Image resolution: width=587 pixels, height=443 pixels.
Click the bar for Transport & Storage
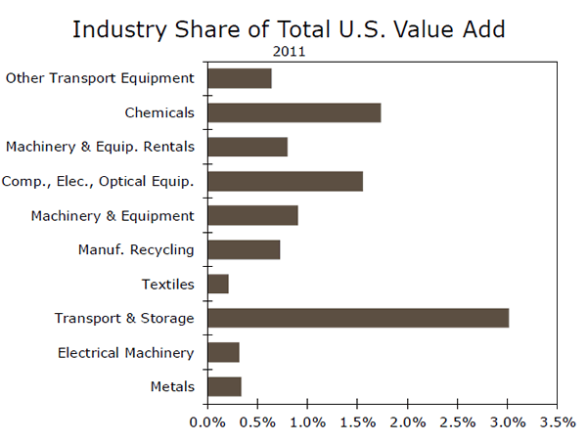pyautogui.click(x=358, y=318)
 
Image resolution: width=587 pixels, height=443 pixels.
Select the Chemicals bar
pyautogui.click(x=293, y=112)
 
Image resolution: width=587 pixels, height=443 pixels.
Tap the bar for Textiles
pyautogui.click(x=218, y=284)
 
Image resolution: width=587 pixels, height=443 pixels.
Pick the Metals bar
pyautogui.click(x=224, y=386)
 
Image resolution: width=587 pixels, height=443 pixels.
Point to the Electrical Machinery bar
pyautogui.click(x=223, y=352)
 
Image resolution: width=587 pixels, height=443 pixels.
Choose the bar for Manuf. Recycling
pyautogui.click(x=244, y=249)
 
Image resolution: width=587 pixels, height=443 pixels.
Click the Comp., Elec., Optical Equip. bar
pyautogui.click(x=285, y=181)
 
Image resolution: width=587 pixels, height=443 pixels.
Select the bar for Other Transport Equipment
pyautogui.click(x=240, y=78)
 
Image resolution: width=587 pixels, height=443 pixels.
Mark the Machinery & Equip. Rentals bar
pyautogui.click(x=248, y=147)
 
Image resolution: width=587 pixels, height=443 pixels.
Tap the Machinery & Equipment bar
pyautogui.click(x=252, y=215)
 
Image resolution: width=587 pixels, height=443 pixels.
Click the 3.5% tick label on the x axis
pyautogui.click(x=557, y=422)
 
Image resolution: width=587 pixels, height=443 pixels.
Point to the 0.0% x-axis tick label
pyautogui.click(x=207, y=422)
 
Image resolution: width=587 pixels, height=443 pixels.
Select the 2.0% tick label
pyautogui.click(x=407, y=422)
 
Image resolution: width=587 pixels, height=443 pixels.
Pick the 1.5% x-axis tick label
pyautogui.click(x=357, y=422)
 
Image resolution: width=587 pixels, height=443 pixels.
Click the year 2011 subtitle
pyautogui.click(x=289, y=53)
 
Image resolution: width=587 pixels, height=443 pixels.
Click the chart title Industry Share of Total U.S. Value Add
pyautogui.click(x=289, y=28)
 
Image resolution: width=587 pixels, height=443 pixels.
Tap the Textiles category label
pyautogui.click(x=168, y=285)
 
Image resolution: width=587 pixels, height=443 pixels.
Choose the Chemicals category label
pyautogui.click(x=159, y=112)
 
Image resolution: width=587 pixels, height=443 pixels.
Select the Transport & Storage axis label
pyautogui.click(x=124, y=318)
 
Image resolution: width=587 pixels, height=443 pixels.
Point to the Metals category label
pyautogui.click(x=172, y=386)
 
